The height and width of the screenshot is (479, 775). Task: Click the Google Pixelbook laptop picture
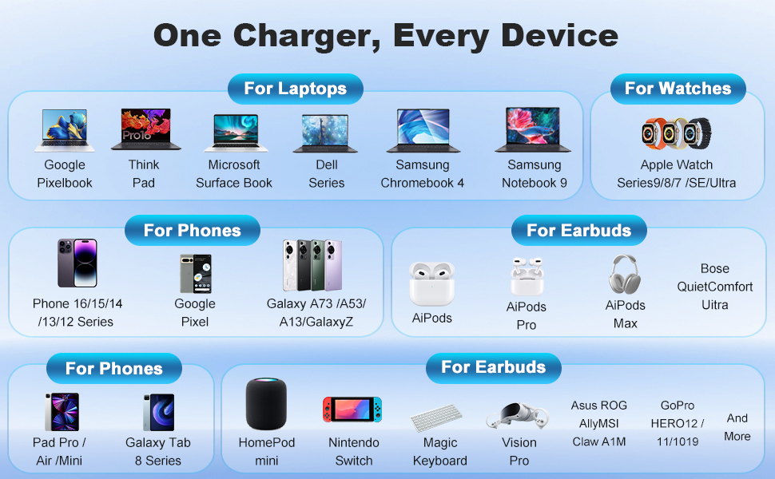[x=65, y=129]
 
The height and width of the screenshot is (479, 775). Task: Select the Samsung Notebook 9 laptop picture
[x=534, y=129]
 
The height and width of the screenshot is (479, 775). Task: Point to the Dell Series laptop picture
[x=326, y=132]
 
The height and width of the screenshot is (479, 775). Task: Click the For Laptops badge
[x=295, y=89]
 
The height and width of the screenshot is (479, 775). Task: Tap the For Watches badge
[x=678, y=89]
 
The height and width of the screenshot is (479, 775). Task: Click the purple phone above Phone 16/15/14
[x=77, y=263]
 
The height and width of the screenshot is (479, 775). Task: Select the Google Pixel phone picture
[x=195, y=272]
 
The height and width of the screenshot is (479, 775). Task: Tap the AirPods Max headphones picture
[x=624, y=274]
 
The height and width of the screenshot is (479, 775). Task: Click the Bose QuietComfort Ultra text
[x=715, y=287]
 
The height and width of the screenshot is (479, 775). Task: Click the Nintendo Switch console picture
[x=352, y=410]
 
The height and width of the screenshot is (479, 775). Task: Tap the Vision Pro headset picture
[x=519, y=416]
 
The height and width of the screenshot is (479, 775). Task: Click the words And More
[x=737, y=427]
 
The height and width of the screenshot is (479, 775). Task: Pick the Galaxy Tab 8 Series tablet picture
[x=158, y=413]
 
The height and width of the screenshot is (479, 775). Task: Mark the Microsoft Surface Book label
[x=234, y=174]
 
